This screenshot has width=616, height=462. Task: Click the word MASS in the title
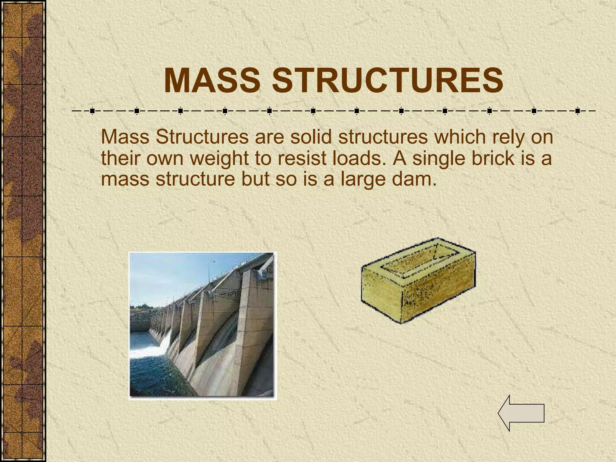tap(212, 81)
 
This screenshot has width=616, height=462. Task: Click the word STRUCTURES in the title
tap(388, 81)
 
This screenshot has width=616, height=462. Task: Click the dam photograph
tap(202, 326)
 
